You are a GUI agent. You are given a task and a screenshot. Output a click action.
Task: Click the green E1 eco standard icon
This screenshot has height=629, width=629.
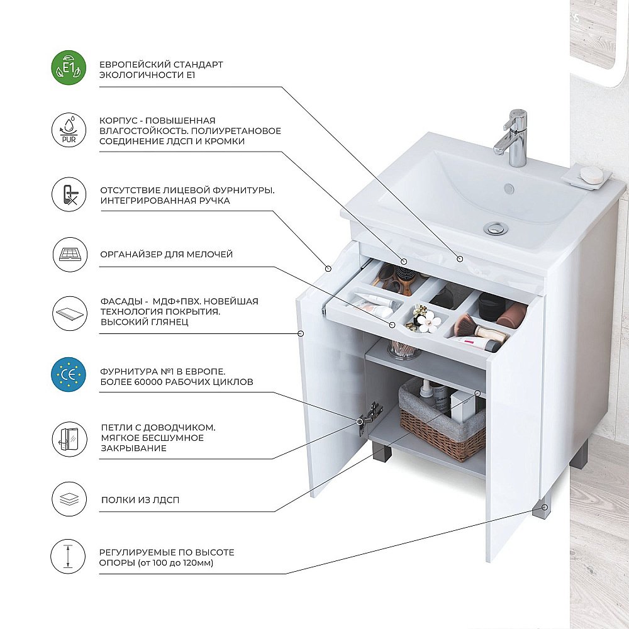coord(69,68)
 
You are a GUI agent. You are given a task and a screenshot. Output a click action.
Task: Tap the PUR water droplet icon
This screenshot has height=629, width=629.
coord(69,130)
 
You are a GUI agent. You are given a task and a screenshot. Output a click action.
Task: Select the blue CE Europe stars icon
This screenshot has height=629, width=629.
coord(69,375)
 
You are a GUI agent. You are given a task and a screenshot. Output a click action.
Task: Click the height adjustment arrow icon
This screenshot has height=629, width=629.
coord(68,557)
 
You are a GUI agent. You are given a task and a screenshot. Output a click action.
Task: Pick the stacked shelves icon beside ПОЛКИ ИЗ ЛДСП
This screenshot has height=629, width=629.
coord(69,499)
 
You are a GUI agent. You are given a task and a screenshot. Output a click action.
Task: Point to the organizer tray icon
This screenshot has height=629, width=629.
coord(70,254)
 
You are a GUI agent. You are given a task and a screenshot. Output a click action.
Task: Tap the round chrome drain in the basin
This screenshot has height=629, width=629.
coord(496,228)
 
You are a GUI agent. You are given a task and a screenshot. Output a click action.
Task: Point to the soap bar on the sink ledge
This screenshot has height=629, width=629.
coord(592,174)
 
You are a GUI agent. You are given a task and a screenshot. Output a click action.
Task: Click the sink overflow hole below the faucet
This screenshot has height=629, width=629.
coord(509,187)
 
